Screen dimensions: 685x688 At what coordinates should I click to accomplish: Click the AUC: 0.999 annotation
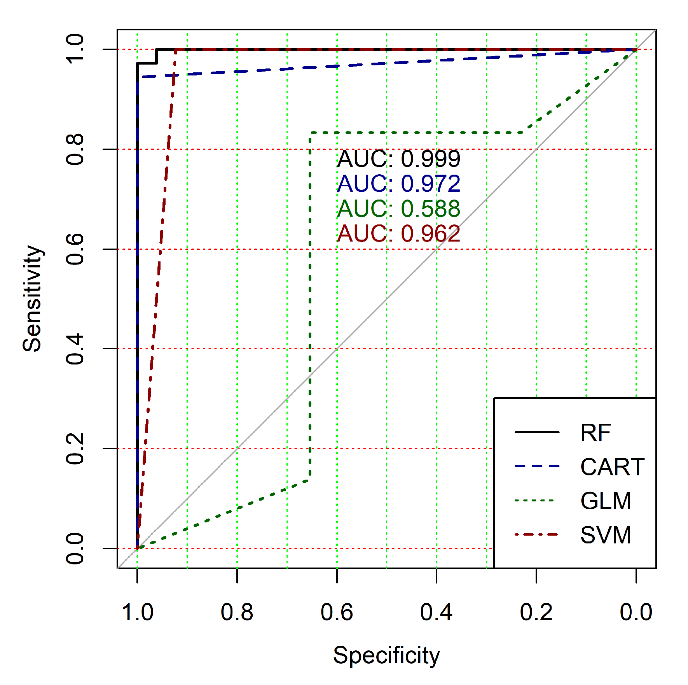pos(398,159)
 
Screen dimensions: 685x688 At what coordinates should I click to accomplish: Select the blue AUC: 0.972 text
pos(398,184)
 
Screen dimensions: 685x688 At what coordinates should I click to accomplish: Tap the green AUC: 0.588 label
pos(398,208)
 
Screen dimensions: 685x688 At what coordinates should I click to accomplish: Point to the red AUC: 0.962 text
pos(398,233)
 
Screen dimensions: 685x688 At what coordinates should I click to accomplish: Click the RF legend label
pos(595,433)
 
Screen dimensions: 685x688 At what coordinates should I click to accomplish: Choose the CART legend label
pos(612,467)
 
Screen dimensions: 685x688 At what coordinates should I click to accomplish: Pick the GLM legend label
pos(606,501)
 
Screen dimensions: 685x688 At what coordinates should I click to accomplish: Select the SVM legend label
pos(606,535)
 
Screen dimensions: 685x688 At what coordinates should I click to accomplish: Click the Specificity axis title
pos(386,655)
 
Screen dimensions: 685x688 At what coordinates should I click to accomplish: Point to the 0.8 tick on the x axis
pos(237,612)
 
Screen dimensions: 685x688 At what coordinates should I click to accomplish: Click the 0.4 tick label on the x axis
pos(437,612)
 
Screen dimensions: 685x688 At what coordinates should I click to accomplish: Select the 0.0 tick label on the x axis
pos(636,612)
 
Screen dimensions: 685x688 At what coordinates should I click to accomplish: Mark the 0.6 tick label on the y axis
pos(75,249)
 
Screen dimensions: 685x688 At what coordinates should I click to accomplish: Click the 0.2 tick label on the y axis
pos(75,449)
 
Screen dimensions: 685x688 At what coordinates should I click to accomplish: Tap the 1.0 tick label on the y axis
pos(75,49)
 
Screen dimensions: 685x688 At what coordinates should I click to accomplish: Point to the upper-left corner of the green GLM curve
pos(310,133)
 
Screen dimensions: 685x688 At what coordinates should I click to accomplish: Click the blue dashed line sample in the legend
pos(537,466)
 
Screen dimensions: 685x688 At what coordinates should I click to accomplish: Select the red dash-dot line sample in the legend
pos(537,535)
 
